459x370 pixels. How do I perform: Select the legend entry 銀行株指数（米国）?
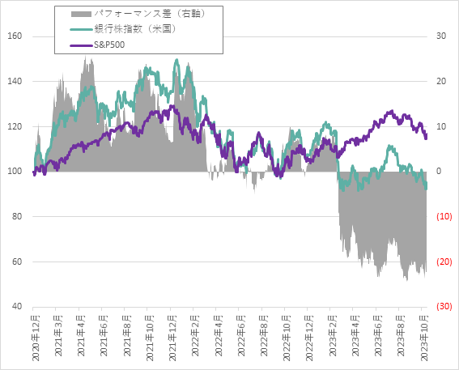(129, 29)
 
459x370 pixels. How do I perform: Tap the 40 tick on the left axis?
(16, 307)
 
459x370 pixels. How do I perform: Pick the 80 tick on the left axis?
(16, 217)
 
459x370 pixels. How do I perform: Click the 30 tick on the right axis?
(441, 36)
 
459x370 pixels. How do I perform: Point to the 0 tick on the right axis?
(439, 172)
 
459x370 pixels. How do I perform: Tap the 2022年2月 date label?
(195, 338)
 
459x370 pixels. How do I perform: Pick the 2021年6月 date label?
(104, 338)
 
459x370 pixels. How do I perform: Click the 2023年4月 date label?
(355, 338)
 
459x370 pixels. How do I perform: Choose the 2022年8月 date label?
(264, 338)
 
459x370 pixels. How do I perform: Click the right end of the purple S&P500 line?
(427, 138)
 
